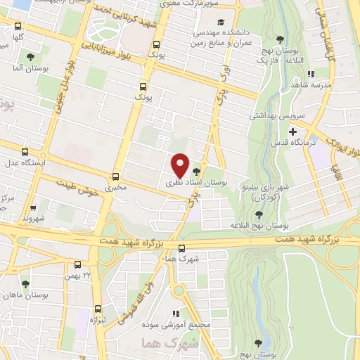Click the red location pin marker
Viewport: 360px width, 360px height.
click(180, 165)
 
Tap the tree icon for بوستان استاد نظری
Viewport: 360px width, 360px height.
click(195, 171)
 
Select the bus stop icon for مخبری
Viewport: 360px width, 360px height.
click(115, 176)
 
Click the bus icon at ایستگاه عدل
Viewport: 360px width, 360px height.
click(25, 152)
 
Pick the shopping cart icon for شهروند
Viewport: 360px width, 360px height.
click(32, 209)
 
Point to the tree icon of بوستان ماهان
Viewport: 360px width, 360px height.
click(26, 284)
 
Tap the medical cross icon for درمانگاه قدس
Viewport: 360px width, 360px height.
click(292, 131)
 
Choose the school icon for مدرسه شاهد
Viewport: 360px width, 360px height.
click(311, 73)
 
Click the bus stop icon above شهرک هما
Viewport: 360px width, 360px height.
click(181, 247)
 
